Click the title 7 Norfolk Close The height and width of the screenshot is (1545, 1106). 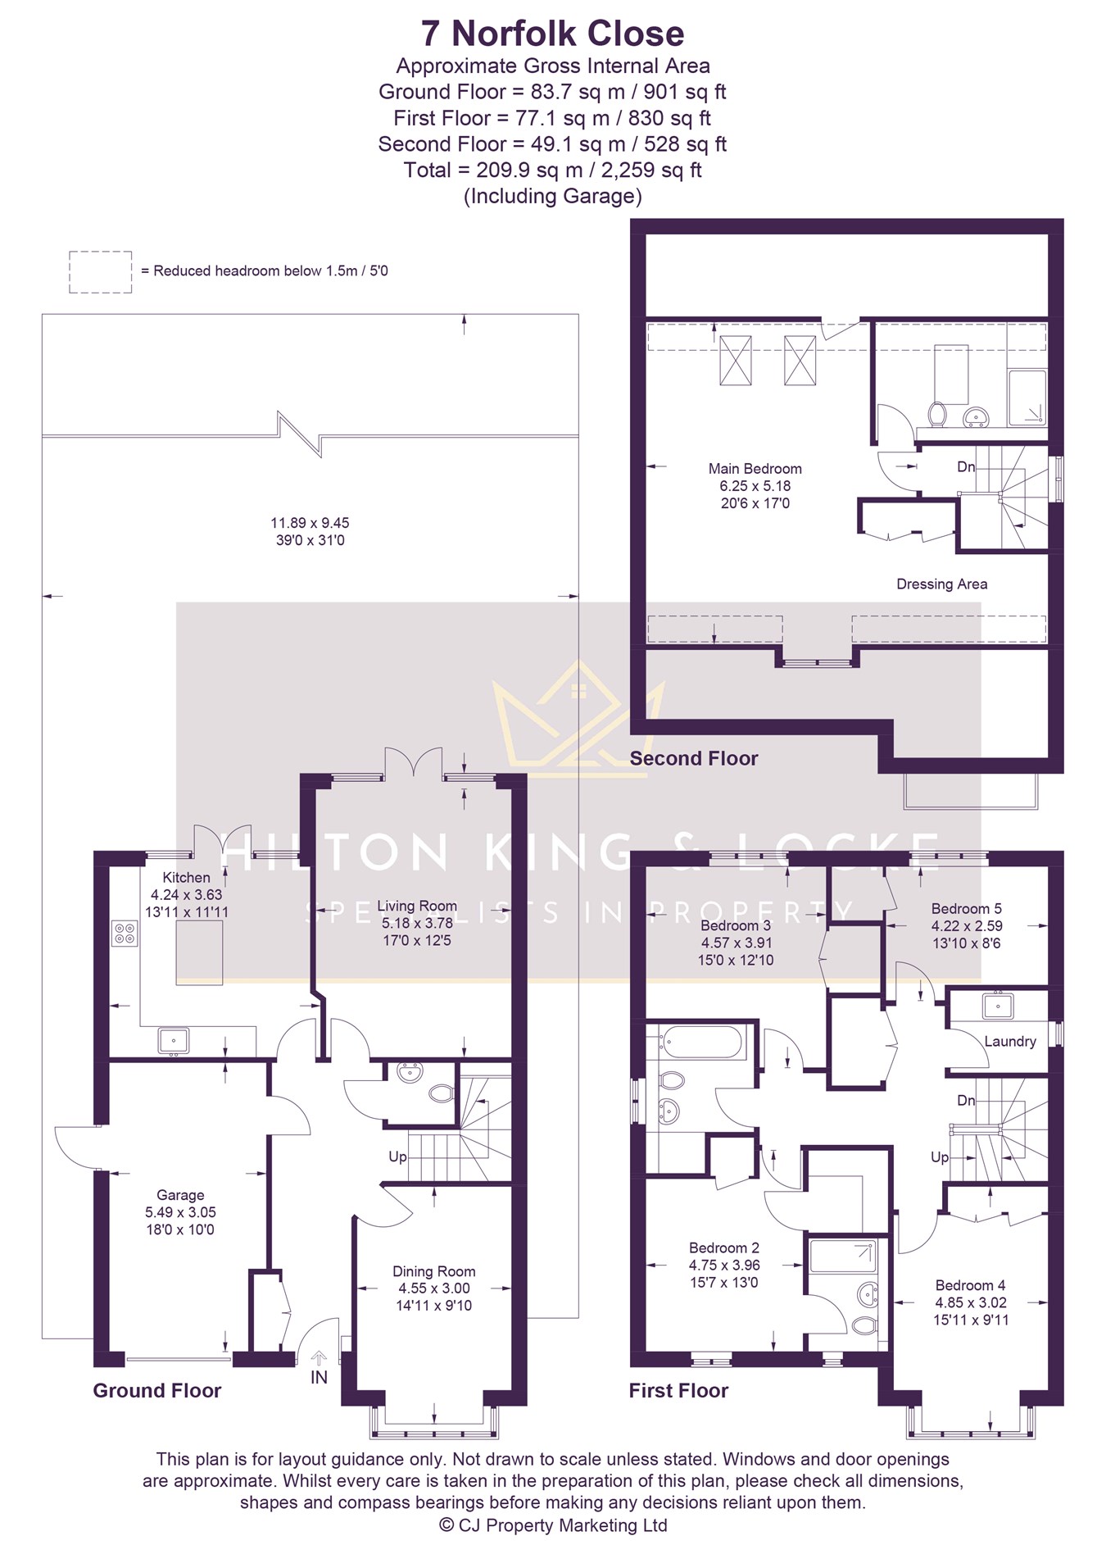[552, 34]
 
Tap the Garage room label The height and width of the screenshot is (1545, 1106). [180, 1195]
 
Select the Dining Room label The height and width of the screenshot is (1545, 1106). [433, 1271]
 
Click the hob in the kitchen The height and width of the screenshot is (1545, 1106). [125, 934]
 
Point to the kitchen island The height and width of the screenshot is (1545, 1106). [199, 952]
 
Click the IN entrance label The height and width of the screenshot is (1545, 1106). [319, 1378]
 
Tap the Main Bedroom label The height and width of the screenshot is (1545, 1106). [755, 469]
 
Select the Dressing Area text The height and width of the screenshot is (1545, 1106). [941, 584]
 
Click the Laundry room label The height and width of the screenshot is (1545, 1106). [1009, 1041]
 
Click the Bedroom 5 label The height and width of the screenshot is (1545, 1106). [966, 908]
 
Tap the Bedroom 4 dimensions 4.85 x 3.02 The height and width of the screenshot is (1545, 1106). [971, 1302]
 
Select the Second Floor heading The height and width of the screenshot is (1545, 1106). [694, 758]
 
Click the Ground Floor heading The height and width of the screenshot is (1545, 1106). [156, 1390]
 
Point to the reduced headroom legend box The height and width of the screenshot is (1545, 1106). [100, 272]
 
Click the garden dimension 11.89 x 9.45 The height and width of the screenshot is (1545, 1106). [310, 523]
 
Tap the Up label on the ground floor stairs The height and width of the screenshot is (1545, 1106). [397, 1156]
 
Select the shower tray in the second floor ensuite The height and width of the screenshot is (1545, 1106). [1027, 398]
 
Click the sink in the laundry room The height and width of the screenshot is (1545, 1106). [999, 1004]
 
